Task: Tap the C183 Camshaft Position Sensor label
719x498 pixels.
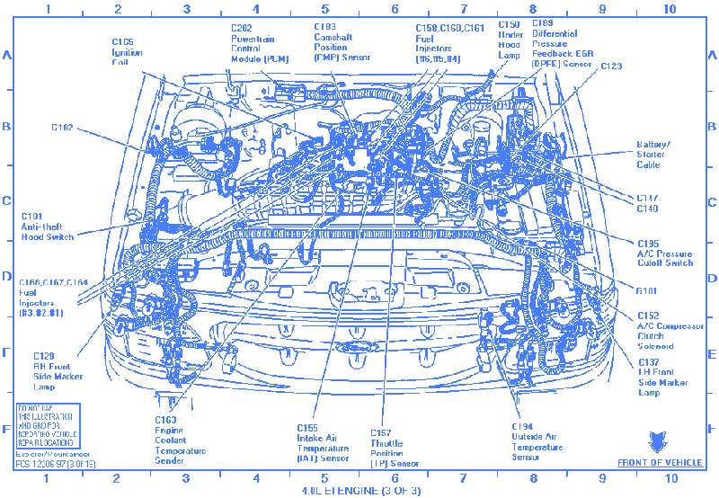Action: pos(342,42)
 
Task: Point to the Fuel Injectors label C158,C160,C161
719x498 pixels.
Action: pos(448,44)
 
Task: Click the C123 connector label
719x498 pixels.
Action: pos(611,66)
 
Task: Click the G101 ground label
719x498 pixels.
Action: pos(648,290)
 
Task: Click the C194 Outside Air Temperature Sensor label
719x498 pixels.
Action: pos(534,440)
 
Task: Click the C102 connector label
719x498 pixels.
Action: pos(62,128)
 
